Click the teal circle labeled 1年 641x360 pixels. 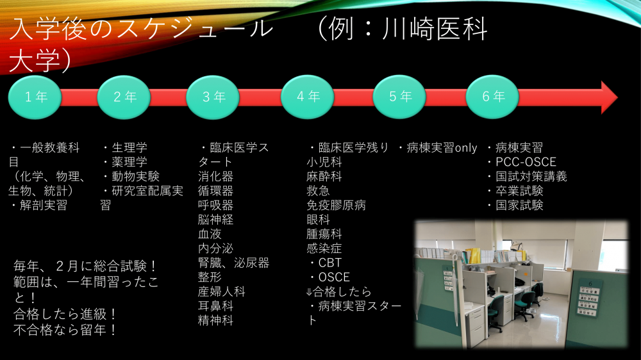(x=36, y=97)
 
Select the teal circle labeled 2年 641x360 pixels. (x=124, y=97)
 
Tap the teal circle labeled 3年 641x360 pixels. (x=213, y=97)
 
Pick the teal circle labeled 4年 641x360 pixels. (x=308, y=97)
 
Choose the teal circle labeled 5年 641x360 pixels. (x=400, y=97)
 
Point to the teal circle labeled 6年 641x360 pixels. (x=493, y=97)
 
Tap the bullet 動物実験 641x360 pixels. (x=131, y=176)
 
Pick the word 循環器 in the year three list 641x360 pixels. (x=215, y=191)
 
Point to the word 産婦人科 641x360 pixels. (x=221, y=291)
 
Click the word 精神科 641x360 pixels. (x=215, y=320)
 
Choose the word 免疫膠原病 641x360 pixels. (x=336, y=206)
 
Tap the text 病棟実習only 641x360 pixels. (x=438, y=148)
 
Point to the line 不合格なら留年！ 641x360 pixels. (x=65, y=331)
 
